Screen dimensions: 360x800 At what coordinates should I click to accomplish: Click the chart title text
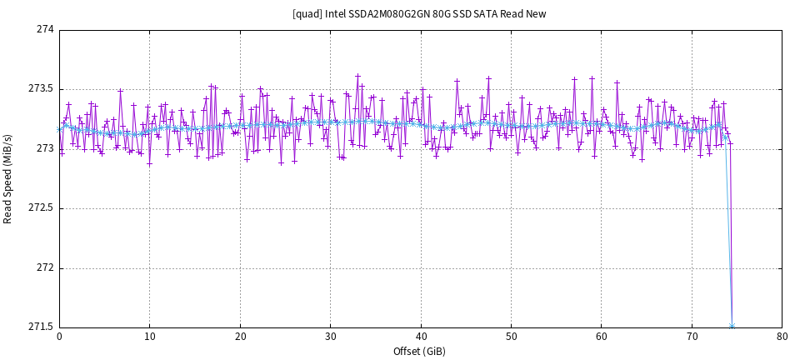(x=419, y=14)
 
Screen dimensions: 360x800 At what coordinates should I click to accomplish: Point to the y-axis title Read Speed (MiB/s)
(x=8, y=179)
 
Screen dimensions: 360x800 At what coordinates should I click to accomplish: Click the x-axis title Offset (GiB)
(x=421, y=352)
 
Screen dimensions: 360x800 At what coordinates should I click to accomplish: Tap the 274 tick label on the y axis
(x=45, y=29)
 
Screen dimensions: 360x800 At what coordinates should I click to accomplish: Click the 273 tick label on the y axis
(x=45, y=149)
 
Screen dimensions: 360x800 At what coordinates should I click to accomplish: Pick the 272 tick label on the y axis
(x=45, y=268)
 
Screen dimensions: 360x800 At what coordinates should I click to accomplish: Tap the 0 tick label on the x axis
(x=59, y=337)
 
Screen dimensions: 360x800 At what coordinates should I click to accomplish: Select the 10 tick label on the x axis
(x=149, y=337)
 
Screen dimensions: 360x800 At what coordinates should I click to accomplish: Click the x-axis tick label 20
(x=240, y=337)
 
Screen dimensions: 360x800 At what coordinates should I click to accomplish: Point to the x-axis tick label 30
(x=330, y=337)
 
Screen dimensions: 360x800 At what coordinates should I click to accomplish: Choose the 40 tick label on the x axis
(x=421, y=337)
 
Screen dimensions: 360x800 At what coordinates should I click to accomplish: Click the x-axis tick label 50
(x=511, y=337)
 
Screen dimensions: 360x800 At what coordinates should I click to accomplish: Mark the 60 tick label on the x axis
(x=602, y=337)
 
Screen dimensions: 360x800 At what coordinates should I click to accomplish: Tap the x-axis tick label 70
(x=692, y=337)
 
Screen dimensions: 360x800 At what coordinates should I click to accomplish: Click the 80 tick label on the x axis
(x=782, y=337)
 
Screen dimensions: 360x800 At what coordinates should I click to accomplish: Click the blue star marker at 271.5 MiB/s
(x=732, y=326)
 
